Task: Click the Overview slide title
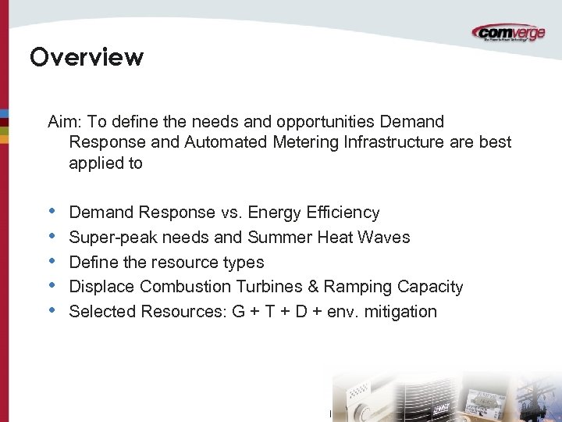[x=86, y=58]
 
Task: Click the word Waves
[x=385, y=238]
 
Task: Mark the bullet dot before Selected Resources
[x=52, y=311]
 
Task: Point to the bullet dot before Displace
[x=52, y=286]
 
